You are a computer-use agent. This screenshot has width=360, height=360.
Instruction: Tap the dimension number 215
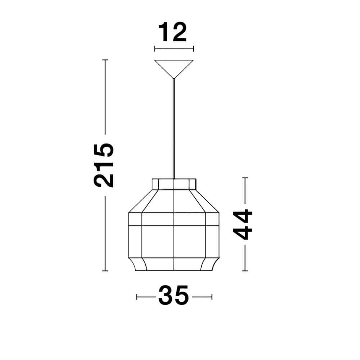click(x=104, y=165)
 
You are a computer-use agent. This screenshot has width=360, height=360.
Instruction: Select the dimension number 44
click(x=243, y=224)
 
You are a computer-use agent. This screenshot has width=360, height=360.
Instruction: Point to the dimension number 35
click(x=174, y=296)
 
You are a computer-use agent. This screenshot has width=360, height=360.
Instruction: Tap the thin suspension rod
click(x=174, y=130)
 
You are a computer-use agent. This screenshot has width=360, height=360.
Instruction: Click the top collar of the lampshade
click(x=174, y=184)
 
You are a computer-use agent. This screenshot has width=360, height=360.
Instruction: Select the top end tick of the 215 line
click(x=105, y=60)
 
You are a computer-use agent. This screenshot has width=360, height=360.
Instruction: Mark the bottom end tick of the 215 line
click(x=105, y=271)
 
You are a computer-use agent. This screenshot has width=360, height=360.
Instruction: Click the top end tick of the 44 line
click(x=245, y=178)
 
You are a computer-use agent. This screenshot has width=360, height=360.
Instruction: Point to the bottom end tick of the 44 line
click(x=245, y=271)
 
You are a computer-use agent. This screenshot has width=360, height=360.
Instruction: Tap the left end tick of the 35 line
click(x=137, y=297)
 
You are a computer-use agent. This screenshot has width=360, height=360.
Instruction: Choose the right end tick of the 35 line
click(x=212, y=297)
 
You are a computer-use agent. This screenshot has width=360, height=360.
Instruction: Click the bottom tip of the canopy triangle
click(x=174, y=78)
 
